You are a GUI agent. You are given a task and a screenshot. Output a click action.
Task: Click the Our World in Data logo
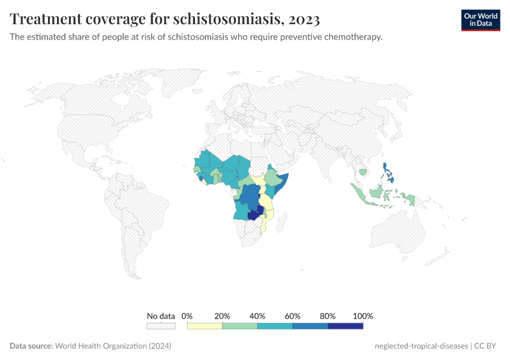pos(481,20)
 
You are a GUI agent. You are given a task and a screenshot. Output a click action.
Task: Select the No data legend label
pos(161,316)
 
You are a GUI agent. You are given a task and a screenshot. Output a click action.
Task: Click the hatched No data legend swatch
pos(161,326)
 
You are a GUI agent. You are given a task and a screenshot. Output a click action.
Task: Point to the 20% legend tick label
pos(223,316)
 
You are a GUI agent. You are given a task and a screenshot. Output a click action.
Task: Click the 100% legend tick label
pos(363,316)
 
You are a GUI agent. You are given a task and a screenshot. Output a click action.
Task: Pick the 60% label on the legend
pos(293,316)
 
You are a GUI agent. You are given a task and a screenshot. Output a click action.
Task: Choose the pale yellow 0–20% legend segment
pos(205,326)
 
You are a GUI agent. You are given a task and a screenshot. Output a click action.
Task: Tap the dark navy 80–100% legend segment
pos(346,326)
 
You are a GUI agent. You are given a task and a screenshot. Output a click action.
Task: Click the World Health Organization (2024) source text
pos(113,346)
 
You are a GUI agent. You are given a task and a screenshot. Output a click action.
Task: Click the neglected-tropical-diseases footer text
pos(421,346)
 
